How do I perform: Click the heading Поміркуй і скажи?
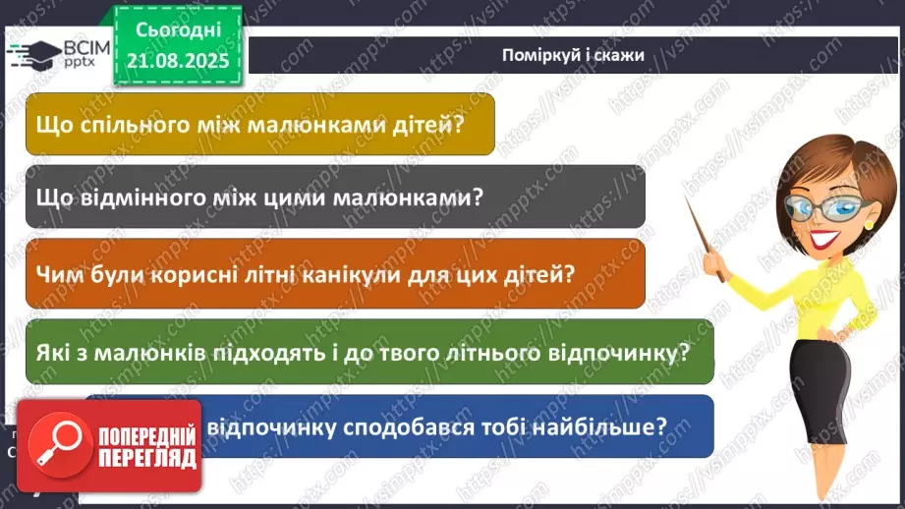[x=572, y=55]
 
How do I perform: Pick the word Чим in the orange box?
[x=56, y=274]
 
